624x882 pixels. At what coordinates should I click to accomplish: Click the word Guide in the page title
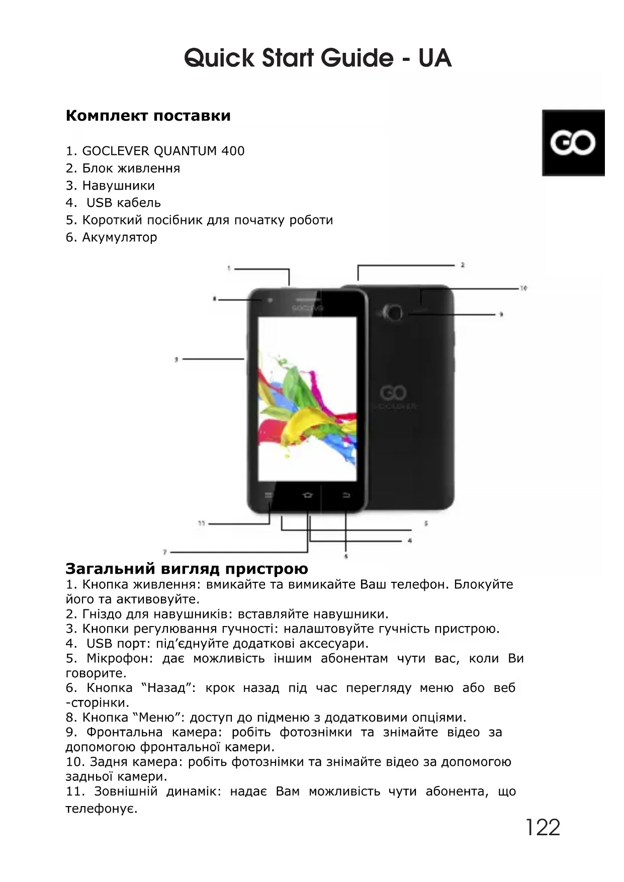[x=357, y=58]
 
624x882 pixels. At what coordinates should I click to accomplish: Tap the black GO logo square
[x=573, y=143]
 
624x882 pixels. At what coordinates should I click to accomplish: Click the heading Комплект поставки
[x=148, y=116]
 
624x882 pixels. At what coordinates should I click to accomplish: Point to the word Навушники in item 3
[x=118, y=186]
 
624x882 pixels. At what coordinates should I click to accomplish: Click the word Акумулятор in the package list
[x=119, y=237]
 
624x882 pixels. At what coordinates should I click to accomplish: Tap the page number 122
[x=543, y=827]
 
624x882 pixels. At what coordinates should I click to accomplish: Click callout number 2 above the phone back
[x=462, y=264]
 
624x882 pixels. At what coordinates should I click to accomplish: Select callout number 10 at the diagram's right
[x=523, y=288]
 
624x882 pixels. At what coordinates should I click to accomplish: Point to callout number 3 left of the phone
[x=176, y=359]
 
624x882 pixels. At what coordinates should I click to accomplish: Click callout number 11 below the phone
[x=202, y=523]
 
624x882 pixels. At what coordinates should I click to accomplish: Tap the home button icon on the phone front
[x=307, y=495]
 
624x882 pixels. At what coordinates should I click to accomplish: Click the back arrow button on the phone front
[x=346, y=495]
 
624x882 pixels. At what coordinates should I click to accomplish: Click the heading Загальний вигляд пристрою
[x=187, y=569]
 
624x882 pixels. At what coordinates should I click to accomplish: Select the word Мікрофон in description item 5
[x=118, y=658]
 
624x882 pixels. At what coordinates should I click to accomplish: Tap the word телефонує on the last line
[x=101, y=809]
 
